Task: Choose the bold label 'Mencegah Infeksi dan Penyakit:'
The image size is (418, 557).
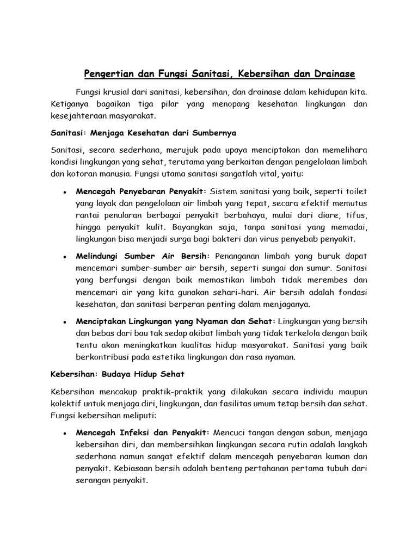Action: (143, 432)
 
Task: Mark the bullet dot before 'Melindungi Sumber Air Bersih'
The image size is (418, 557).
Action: (65, 257)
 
